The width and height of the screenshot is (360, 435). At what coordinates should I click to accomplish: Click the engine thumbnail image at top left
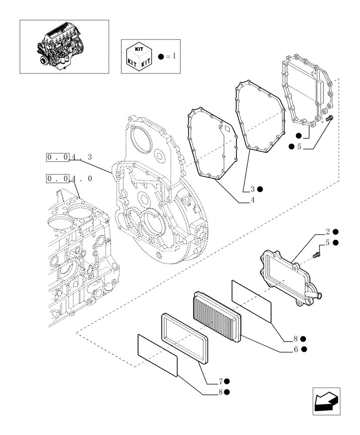[x=64, y=46]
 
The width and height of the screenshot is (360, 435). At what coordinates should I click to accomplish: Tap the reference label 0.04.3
[x=70, y=157]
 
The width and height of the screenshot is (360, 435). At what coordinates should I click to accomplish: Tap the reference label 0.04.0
[x=70, y=178]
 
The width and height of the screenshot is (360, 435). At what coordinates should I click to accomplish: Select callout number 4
[x=253, y=201]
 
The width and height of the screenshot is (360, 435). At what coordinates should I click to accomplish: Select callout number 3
[x=253, y=189]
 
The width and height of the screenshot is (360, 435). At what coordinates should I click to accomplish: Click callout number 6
[x=296, y=349]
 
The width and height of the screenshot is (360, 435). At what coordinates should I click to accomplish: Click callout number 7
[x=221, y=381]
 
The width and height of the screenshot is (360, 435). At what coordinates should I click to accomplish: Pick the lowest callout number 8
[x=221, y=392]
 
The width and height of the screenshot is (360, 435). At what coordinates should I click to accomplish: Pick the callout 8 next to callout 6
[x=295, y=338]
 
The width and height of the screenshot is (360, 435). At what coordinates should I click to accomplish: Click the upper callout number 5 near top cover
[x=299, y=147]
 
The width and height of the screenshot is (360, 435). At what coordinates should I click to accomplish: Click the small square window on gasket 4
[x=227, y=129]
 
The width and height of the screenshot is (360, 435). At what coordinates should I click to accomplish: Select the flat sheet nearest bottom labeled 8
[x=157, y=355]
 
